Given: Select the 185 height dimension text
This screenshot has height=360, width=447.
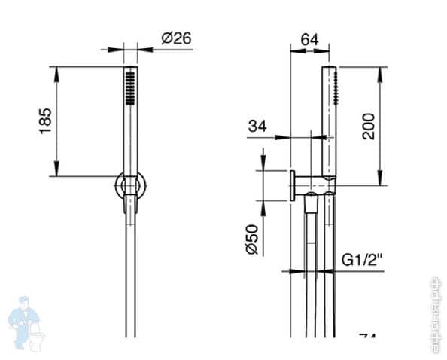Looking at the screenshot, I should tap(44, 121).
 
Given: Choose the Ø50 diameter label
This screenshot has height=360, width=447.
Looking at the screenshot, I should tap(254, 239).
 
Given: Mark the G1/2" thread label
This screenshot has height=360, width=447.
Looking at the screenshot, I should tap(362, 260).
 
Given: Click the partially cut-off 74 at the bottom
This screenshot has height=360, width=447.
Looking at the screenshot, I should tap(367, 338).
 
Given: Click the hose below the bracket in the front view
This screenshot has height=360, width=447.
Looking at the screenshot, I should tap(131, 279).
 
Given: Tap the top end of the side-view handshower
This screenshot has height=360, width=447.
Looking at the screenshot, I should tap(329, 69).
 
